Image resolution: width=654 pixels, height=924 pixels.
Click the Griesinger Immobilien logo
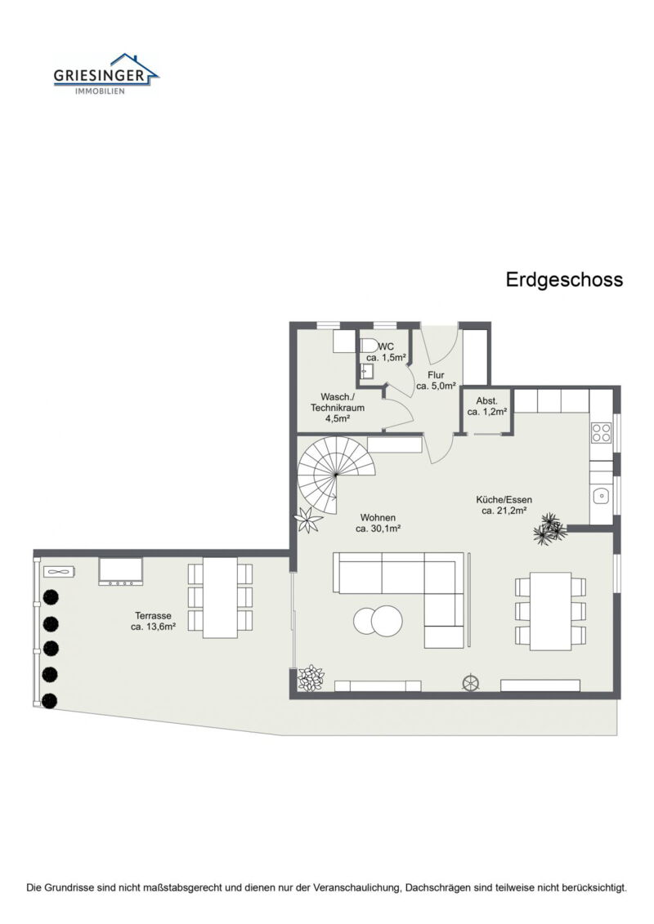coord(105,74)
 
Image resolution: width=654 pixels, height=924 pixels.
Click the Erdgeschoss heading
coord(564,279)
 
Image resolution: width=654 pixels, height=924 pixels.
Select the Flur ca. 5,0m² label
coord(436,381)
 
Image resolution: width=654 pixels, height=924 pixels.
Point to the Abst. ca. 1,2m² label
coord(488,407)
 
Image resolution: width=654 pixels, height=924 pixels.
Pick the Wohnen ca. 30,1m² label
coord(377,523)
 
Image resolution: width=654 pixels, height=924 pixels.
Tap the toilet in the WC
coord(370,345)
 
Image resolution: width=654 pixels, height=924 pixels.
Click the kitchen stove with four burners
coord(601,433)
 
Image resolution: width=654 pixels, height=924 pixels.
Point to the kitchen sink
coord(601,494)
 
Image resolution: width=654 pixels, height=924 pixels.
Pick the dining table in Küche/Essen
coord(550,610)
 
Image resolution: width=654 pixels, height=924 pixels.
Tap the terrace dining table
coord(220,597)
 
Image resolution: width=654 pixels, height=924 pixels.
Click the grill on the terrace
coord(121,571)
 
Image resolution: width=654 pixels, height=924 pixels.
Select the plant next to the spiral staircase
coord(310,518)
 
